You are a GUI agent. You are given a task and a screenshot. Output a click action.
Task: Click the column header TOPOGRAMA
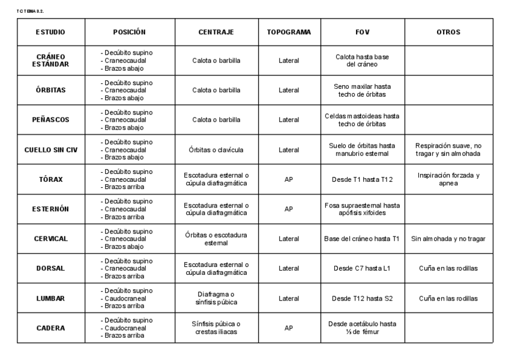click(289, 32)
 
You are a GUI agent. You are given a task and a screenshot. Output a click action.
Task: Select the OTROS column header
click(448, 32)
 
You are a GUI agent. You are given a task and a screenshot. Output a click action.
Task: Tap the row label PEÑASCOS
click(51, 119)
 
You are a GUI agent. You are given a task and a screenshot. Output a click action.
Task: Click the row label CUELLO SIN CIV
click(51, 149)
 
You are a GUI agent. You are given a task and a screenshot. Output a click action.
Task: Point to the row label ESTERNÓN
click(51, 209)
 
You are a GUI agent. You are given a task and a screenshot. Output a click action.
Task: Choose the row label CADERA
click(51, 328)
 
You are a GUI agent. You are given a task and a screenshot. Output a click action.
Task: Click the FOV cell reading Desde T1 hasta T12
click(362, 179)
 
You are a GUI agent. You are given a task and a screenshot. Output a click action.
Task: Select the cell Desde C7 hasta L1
click(362, 268)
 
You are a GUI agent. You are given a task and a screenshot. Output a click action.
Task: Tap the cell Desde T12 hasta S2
click(362, 298)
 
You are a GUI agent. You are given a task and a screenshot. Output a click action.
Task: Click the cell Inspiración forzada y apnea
click(448, 179)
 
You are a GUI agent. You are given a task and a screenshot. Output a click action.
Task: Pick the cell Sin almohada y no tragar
click(448, 239)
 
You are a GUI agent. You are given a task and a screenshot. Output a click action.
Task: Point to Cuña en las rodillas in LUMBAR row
click(448, 298)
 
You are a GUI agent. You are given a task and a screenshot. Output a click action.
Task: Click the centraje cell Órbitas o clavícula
click(216, 149)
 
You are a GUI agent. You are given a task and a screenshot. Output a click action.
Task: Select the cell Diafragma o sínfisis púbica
click(216, 298)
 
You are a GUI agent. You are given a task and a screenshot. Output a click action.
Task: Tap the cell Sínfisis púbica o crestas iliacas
click(216, 328)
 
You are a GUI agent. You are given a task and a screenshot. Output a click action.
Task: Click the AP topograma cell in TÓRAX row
click(289, 179)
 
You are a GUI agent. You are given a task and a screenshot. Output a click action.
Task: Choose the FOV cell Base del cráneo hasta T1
click(362, 239)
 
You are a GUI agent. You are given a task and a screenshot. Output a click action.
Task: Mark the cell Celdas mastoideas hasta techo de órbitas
click(362, 119)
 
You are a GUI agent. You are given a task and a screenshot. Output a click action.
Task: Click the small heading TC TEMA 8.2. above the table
click(31, 11)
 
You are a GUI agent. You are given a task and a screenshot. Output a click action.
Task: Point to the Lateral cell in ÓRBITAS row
click(289, 90)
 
